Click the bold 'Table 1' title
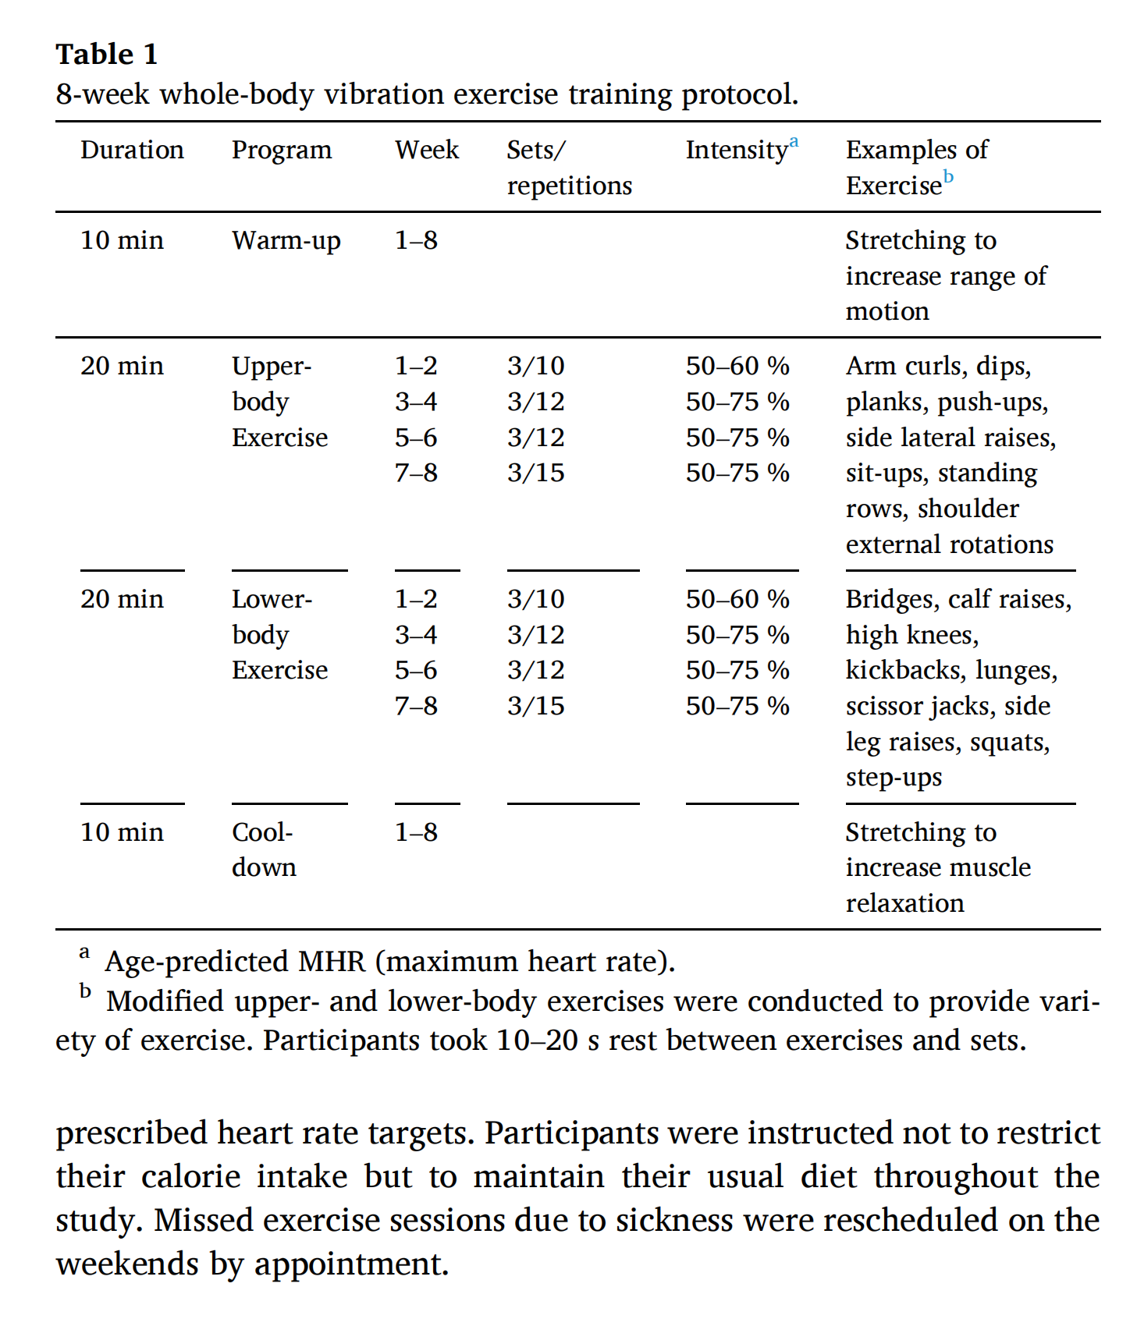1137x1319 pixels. point(107,55)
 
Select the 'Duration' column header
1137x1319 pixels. point(132,150)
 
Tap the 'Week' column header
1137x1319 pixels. point(427,150)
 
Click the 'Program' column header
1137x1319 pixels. point(282,150)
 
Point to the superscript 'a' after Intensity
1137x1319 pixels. point(794,142)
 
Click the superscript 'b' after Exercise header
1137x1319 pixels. point(948,177)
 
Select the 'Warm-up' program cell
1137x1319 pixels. point(286,241)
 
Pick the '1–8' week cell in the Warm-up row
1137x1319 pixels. point(416,240)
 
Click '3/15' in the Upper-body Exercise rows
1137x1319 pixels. point(535,473)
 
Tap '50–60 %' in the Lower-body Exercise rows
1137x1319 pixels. point(737,599)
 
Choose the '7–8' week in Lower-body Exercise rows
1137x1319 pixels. point(416,706)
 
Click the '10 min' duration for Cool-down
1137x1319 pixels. point(122,832)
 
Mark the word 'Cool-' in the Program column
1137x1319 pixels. point(262,832)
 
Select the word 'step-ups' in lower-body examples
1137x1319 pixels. point(894,778)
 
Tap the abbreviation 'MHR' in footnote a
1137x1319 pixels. point(332,962)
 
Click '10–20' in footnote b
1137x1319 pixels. point(537,1041)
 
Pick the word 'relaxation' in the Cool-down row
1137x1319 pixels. point(904,903)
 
